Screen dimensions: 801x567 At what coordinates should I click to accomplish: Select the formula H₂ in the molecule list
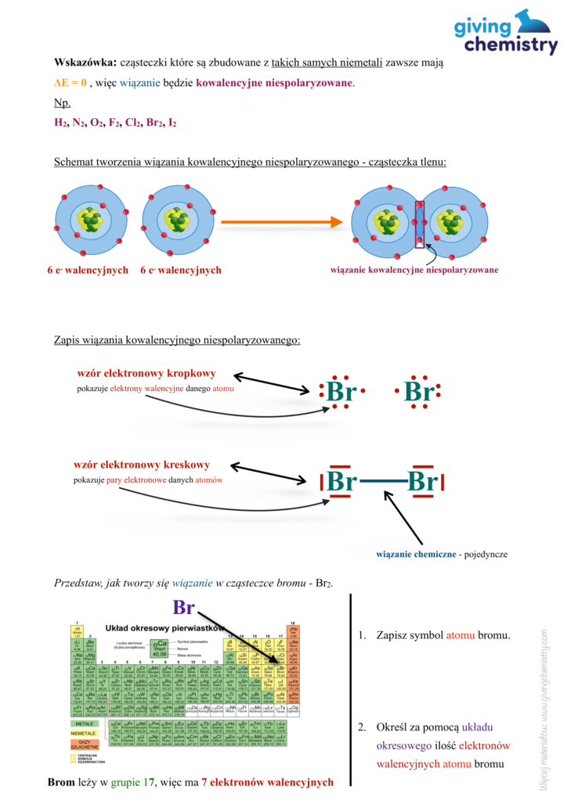click(60, 123)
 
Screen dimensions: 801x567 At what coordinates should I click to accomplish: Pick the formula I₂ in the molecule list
click(172, 123)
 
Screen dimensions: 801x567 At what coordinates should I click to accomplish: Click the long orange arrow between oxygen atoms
click(282, 222)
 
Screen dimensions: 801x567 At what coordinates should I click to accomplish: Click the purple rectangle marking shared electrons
click(420, 223)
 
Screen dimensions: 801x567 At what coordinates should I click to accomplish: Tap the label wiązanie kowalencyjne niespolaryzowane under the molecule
click(414, 270)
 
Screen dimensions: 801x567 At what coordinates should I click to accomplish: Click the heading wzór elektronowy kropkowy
click(146, 373)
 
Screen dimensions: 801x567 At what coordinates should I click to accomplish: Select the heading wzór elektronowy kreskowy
click(142, 465)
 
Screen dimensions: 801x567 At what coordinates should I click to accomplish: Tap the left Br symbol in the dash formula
click(341, 480)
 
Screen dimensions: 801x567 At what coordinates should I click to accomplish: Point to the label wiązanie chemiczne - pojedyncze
click(441, 554)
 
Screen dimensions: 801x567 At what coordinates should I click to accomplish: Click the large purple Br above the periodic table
click(183, 608)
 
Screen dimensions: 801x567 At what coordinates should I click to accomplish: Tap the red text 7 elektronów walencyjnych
click(267, 781)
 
